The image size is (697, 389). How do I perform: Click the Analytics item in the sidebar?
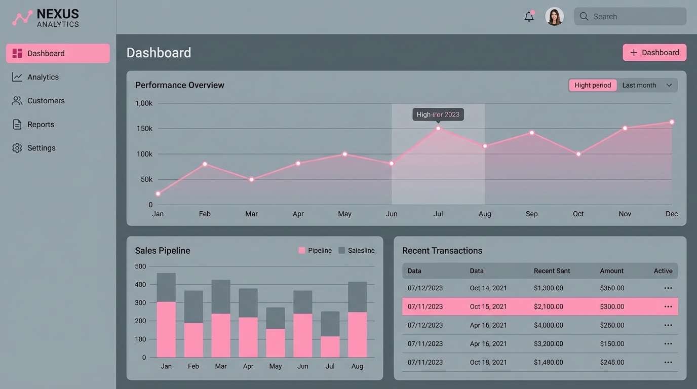43,77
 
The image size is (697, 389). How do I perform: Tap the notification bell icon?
529,17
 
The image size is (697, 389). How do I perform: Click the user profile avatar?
554,17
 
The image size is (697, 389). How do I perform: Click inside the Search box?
630,17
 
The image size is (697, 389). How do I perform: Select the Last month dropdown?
647,85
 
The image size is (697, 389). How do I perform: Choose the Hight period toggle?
593,85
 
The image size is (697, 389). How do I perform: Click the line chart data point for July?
438,128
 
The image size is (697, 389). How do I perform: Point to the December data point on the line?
672,122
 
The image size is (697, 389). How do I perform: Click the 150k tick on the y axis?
144,129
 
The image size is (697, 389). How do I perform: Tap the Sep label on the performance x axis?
531,214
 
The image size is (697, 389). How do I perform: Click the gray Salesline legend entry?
357,251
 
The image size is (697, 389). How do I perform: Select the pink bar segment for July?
330,347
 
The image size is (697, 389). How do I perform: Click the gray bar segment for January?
166,287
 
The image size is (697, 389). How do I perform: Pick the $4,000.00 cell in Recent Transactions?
548,325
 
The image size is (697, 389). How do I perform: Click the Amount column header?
611,271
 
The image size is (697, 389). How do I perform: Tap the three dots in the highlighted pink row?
668,306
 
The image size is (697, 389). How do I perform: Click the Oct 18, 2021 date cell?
488,362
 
